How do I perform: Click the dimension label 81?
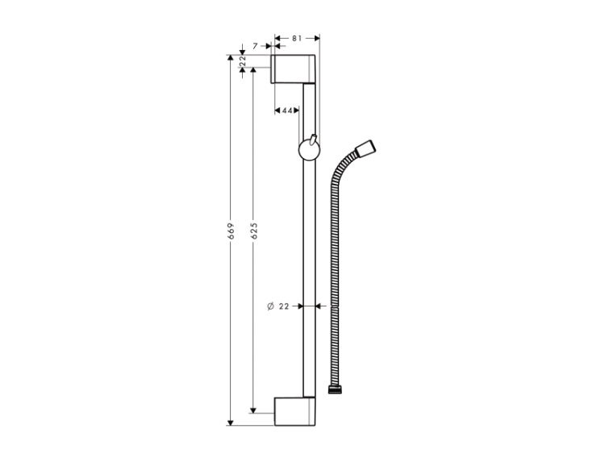point(297,38)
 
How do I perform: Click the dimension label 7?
point(255,46)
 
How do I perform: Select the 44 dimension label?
point(287,110)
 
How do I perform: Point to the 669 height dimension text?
point(231,231)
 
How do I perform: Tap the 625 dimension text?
point(254,231)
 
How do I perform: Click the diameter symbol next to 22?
point(270,306)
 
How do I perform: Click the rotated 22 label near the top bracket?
point(243,61)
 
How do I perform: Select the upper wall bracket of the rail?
point(293,69)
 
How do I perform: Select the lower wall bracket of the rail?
point(294,411)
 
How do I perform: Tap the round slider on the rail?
point(309,150)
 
